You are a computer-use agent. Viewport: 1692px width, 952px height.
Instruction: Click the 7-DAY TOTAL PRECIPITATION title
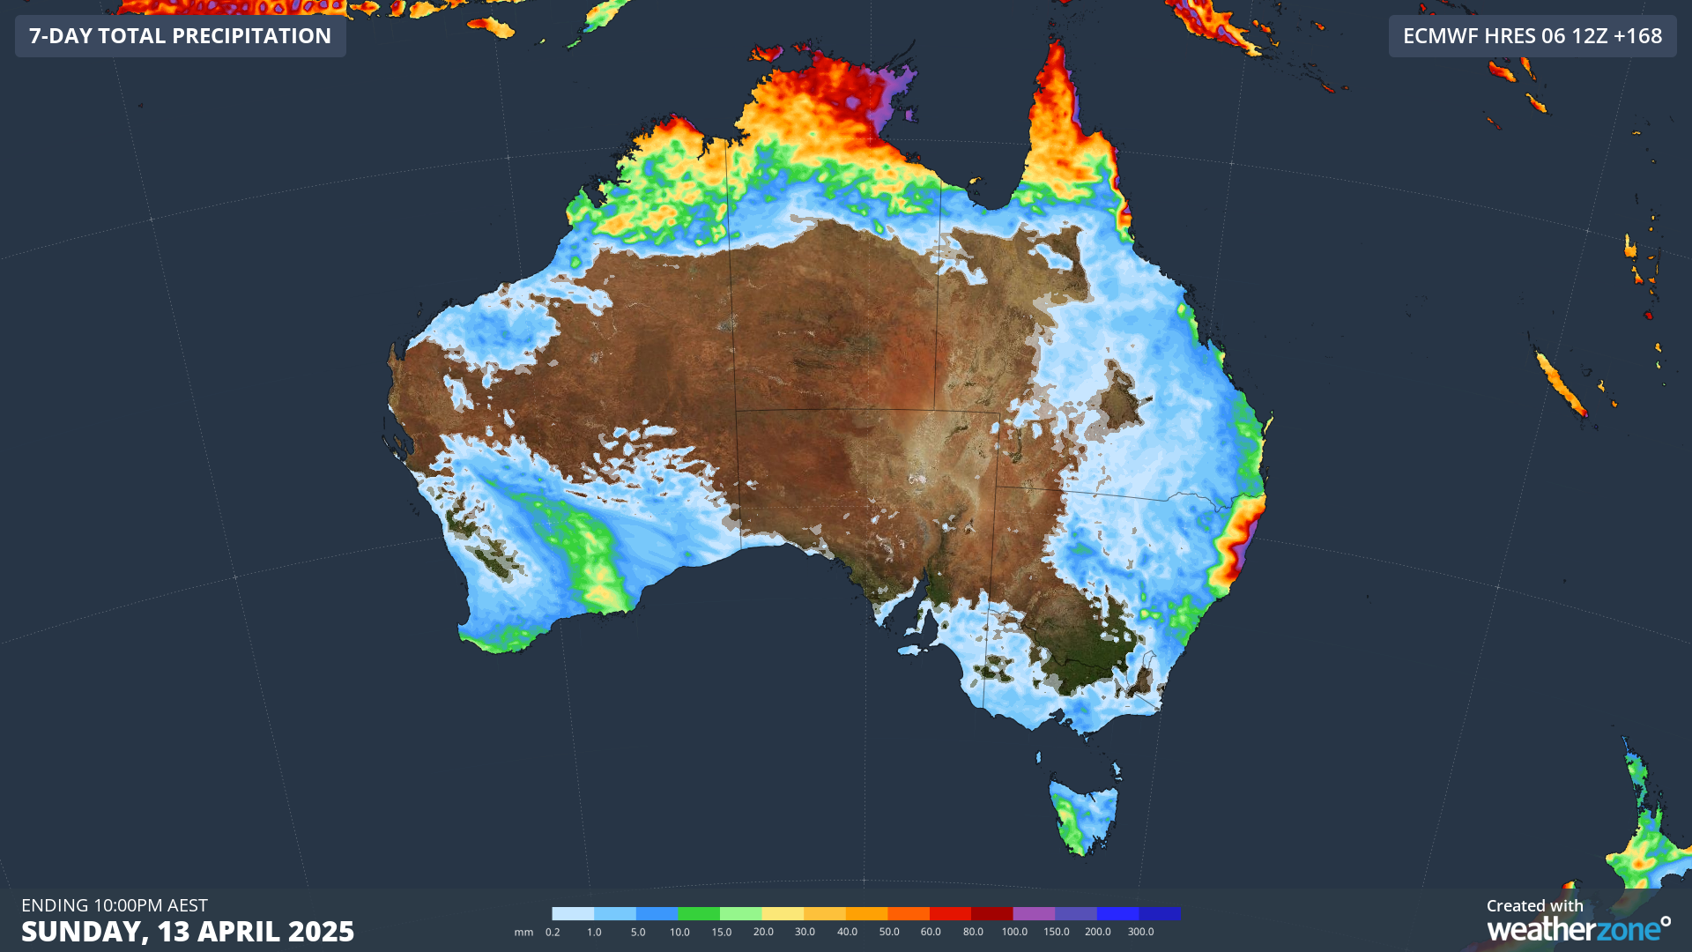point(180,36)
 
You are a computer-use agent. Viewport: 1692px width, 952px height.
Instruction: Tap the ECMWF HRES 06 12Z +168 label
point(1532,36)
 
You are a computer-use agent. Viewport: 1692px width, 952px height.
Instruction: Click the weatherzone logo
point(1577,929)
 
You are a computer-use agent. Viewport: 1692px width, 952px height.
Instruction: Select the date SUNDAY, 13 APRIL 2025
point(188,932)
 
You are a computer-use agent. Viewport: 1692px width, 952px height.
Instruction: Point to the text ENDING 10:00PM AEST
point(115,905)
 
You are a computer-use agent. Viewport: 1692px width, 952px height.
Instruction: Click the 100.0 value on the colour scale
point(1014,932)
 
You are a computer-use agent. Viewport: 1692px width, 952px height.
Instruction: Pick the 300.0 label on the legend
point(1140,932)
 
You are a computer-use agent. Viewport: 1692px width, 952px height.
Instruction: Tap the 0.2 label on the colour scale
point(553,932)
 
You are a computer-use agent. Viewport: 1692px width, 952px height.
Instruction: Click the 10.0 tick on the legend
point(679,932)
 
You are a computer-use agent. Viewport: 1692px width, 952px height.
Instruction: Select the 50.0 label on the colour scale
point(889,932)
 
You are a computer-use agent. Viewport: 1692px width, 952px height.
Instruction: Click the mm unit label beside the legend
point(523,932)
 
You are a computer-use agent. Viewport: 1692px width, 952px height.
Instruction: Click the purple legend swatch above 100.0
point(1034,914)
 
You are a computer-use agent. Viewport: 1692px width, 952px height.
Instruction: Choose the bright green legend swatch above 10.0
point(699,914)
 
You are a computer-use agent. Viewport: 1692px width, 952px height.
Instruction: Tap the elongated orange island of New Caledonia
point(1561,384)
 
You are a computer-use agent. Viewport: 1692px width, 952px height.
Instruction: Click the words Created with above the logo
point(1534,905)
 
